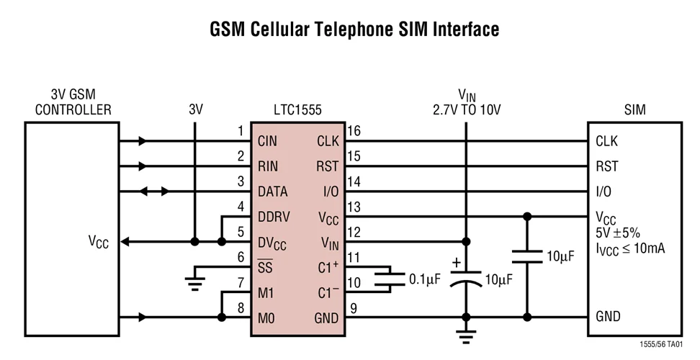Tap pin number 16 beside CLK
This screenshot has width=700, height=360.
pyautogui.click(x=353, y=131)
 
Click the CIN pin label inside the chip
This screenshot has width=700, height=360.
pyautogui.click(x=267, y=141)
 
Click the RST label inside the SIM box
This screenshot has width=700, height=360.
pyautogui.click(x=606, y=166)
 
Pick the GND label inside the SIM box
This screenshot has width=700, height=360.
pyautogui.click(x=608, y=317)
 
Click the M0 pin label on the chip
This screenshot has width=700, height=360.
pyautogui.click(x=267, y=318)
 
